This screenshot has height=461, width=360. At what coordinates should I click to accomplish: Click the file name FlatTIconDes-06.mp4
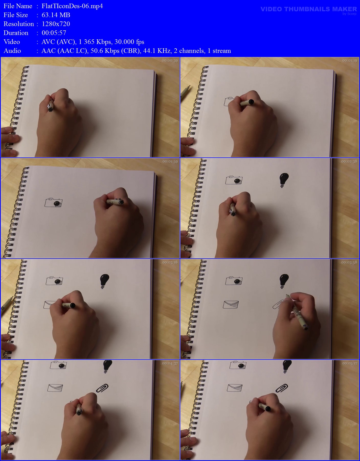pos(72,6)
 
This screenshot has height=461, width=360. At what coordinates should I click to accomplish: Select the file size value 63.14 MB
pos(56,15)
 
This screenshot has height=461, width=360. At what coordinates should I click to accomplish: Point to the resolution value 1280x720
pos(56,24)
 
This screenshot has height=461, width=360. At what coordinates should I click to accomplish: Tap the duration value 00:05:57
pos(54,33)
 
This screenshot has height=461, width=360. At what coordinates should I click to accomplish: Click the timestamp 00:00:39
pos(170,61)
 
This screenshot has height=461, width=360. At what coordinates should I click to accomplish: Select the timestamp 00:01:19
pos(350,61)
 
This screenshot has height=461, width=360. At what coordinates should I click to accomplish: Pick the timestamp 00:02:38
pos(349,161)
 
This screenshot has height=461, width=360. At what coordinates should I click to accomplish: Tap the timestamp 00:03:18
pos(170,262)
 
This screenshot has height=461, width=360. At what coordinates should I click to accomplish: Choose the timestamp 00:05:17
pos(350,363)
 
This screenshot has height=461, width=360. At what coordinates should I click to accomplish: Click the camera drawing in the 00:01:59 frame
pos(53,202)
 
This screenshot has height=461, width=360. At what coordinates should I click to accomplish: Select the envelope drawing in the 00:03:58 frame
pos(231,304)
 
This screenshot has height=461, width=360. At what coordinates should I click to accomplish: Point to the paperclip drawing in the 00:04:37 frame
pos(102,388)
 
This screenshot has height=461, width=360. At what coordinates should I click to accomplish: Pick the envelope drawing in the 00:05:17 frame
pos(235,387)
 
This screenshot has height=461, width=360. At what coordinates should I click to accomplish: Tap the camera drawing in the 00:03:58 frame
pos(234,280)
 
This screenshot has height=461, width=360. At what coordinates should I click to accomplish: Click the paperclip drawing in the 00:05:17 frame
pos(282,388)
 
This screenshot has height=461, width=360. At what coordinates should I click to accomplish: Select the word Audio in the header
pos(12,51)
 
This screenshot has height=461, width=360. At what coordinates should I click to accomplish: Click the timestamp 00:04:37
pos(170,363)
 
